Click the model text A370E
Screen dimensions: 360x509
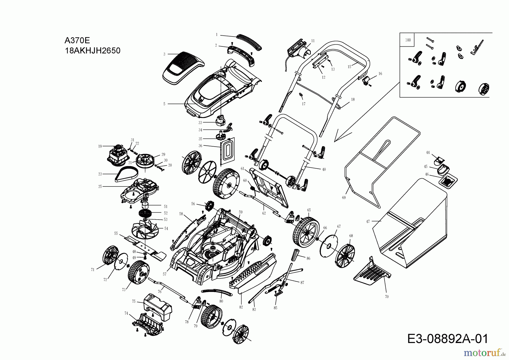click(x=77, y=41)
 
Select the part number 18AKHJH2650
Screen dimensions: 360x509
click(x=92, y=51)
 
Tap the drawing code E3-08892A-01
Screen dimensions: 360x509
click(x=448, y=339)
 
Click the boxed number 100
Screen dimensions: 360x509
click(x=407, y=40)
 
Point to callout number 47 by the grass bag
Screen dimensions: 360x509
click(x=368, y=222)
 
